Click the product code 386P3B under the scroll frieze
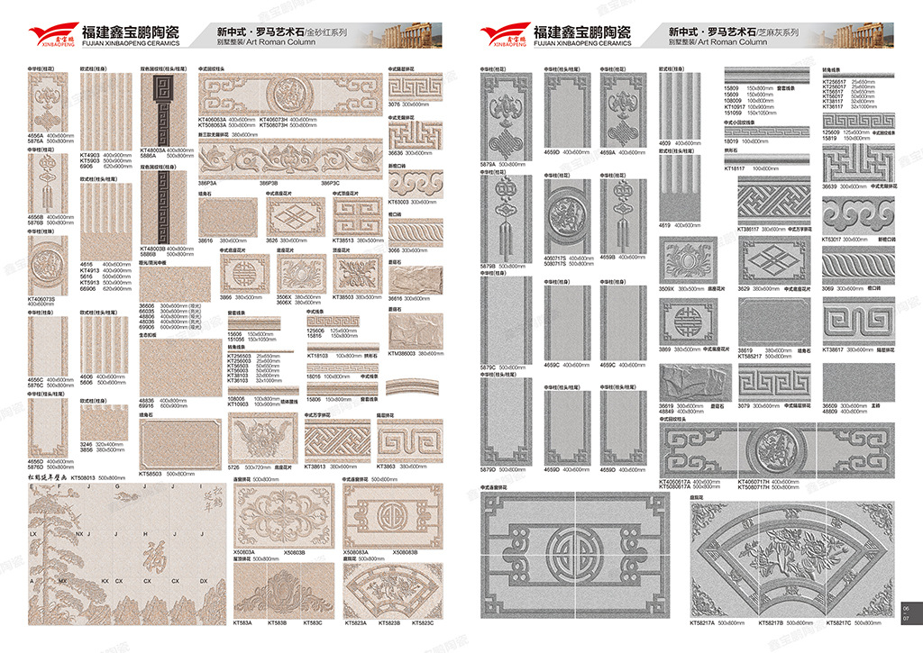[x=269, y=183]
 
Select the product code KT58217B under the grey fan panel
[x=771, y=622]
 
